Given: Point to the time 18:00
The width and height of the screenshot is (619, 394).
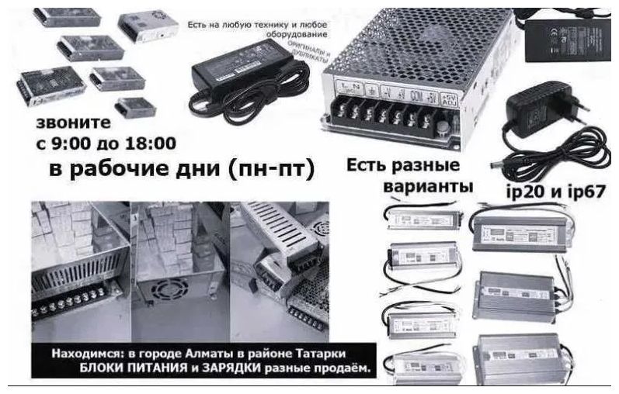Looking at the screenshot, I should click(152, 143).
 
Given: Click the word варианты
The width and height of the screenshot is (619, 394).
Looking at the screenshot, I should click(429, 188).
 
